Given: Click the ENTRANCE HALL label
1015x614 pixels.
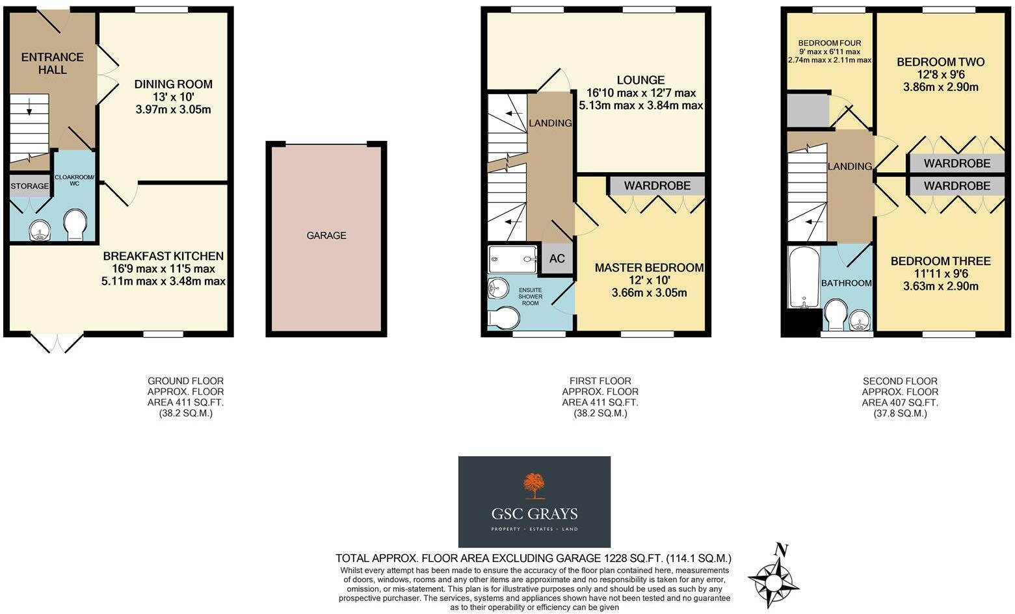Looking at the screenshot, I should click(52, 63).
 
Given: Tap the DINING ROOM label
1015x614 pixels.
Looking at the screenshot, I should click(173, 84).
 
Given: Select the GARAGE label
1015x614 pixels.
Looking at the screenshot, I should click(326, 235).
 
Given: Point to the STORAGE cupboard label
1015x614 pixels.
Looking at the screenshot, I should click(29, 186).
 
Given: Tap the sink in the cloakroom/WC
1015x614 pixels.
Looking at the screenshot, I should click(40, 230).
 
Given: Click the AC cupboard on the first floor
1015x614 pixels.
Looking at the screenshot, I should click(557, 259).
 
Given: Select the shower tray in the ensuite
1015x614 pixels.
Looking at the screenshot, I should click(512, 259).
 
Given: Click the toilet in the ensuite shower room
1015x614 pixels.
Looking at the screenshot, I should click(504, 318).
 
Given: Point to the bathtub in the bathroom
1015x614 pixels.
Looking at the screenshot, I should click(804, 277).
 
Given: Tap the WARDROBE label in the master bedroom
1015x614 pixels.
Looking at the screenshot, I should click(657, 186).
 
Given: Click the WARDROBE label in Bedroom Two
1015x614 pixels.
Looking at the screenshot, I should click(956, 163).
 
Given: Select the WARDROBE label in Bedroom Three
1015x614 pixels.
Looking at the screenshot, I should click(956, 186).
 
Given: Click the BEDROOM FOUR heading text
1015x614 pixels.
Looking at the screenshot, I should click(830, 43).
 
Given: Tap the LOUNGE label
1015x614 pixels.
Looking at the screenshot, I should click(640, 80).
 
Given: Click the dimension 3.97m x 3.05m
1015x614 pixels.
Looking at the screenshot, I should click(173, 109).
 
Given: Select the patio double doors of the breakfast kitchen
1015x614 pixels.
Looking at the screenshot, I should click(58, 342).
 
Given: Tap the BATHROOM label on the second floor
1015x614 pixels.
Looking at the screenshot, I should click(846, 283).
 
